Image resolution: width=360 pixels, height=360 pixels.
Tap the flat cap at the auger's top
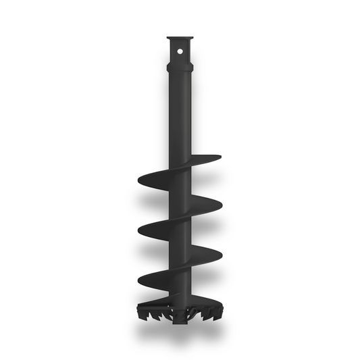pos(180,38)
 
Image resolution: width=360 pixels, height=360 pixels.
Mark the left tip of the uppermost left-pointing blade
pos(139,180)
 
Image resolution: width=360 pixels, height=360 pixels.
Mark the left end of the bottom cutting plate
pos(139,303)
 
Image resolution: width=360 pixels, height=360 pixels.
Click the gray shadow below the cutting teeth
pos(180,334)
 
